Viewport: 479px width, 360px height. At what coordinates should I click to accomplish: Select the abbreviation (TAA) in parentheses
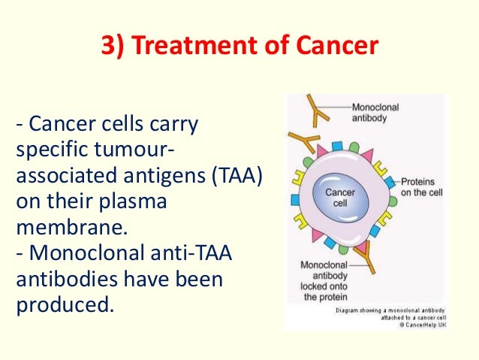click(x=233, y=177)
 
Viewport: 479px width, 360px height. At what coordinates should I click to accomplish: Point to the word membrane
click(x=61, y=225)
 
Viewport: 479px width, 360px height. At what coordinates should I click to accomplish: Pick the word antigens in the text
click(x=149, y=177)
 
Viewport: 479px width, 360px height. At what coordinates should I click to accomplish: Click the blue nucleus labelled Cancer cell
click(x=339, y=198)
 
